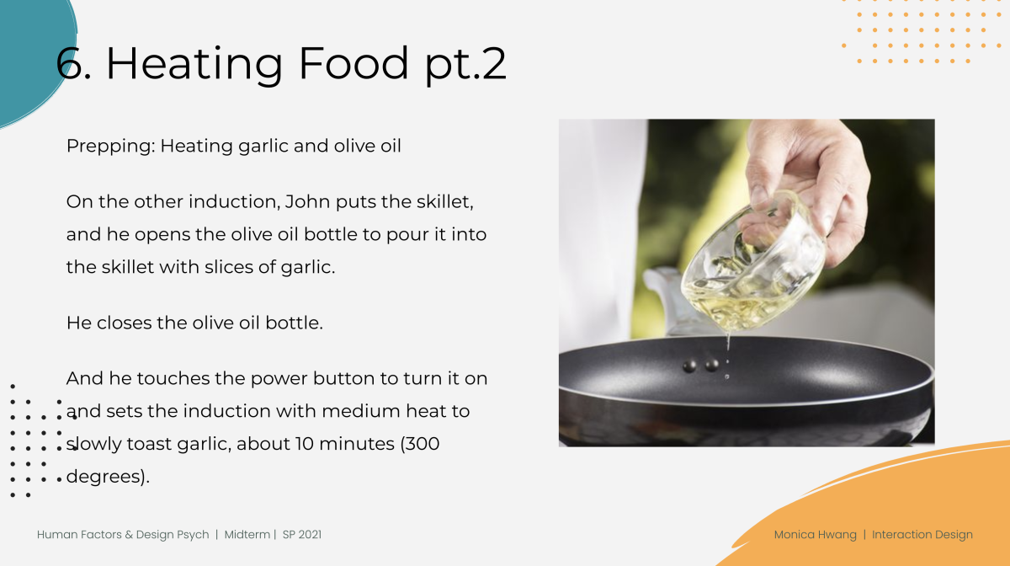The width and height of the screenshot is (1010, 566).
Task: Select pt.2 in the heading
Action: click(465, 66)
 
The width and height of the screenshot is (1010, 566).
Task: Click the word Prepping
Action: click(110, 147)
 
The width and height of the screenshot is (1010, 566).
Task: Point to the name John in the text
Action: click(307, 202)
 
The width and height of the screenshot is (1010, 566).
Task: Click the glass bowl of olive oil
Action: click(754, 264)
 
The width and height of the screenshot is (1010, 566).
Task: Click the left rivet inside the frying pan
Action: click(689, 366)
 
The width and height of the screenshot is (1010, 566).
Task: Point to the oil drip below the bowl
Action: click(728, 343)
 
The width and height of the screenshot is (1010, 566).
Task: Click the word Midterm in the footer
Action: click(247, 535)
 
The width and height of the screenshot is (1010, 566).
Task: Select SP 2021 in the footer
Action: click(302, 535)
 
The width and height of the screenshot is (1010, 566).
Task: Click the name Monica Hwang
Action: click(816, 536)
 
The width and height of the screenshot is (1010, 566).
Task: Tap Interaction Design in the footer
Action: click(922, 536)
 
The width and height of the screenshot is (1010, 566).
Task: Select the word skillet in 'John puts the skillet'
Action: click(444, 202)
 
